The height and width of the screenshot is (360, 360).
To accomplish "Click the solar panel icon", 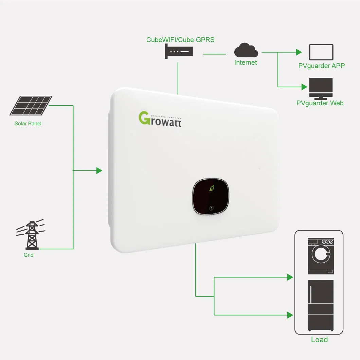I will click(x=31, y=105).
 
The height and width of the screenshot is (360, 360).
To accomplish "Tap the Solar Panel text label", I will click(x=28, y=124).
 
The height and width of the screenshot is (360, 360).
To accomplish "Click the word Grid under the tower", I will click(x=29, y=255).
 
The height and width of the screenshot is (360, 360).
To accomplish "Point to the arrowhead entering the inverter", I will click(x=99, y=170).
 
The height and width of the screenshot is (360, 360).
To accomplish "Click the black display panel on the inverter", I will click(x=211, y=197).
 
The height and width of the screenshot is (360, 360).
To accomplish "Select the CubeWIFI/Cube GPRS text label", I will click(x=180, y=40).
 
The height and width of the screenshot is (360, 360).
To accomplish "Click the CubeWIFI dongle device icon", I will click(x=179, y=52).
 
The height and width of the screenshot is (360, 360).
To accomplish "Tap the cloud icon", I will click(x=246, y=51).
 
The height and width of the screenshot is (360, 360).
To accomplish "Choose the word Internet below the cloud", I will click(x=246, y=62).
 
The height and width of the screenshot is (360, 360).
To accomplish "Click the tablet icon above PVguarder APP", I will click(x=321, y=52).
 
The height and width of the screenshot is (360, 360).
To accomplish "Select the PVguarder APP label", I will click(x=321, y=66).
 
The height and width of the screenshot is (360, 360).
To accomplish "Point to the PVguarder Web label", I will click(x=320, y=103).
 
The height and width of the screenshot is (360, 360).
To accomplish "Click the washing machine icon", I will click(x=321, y=256).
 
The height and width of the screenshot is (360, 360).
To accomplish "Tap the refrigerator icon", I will click(x=321, y=305).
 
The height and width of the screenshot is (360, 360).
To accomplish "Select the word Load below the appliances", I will click(x=319, y=340).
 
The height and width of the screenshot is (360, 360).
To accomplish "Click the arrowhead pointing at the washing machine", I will click(x=290, y=277).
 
